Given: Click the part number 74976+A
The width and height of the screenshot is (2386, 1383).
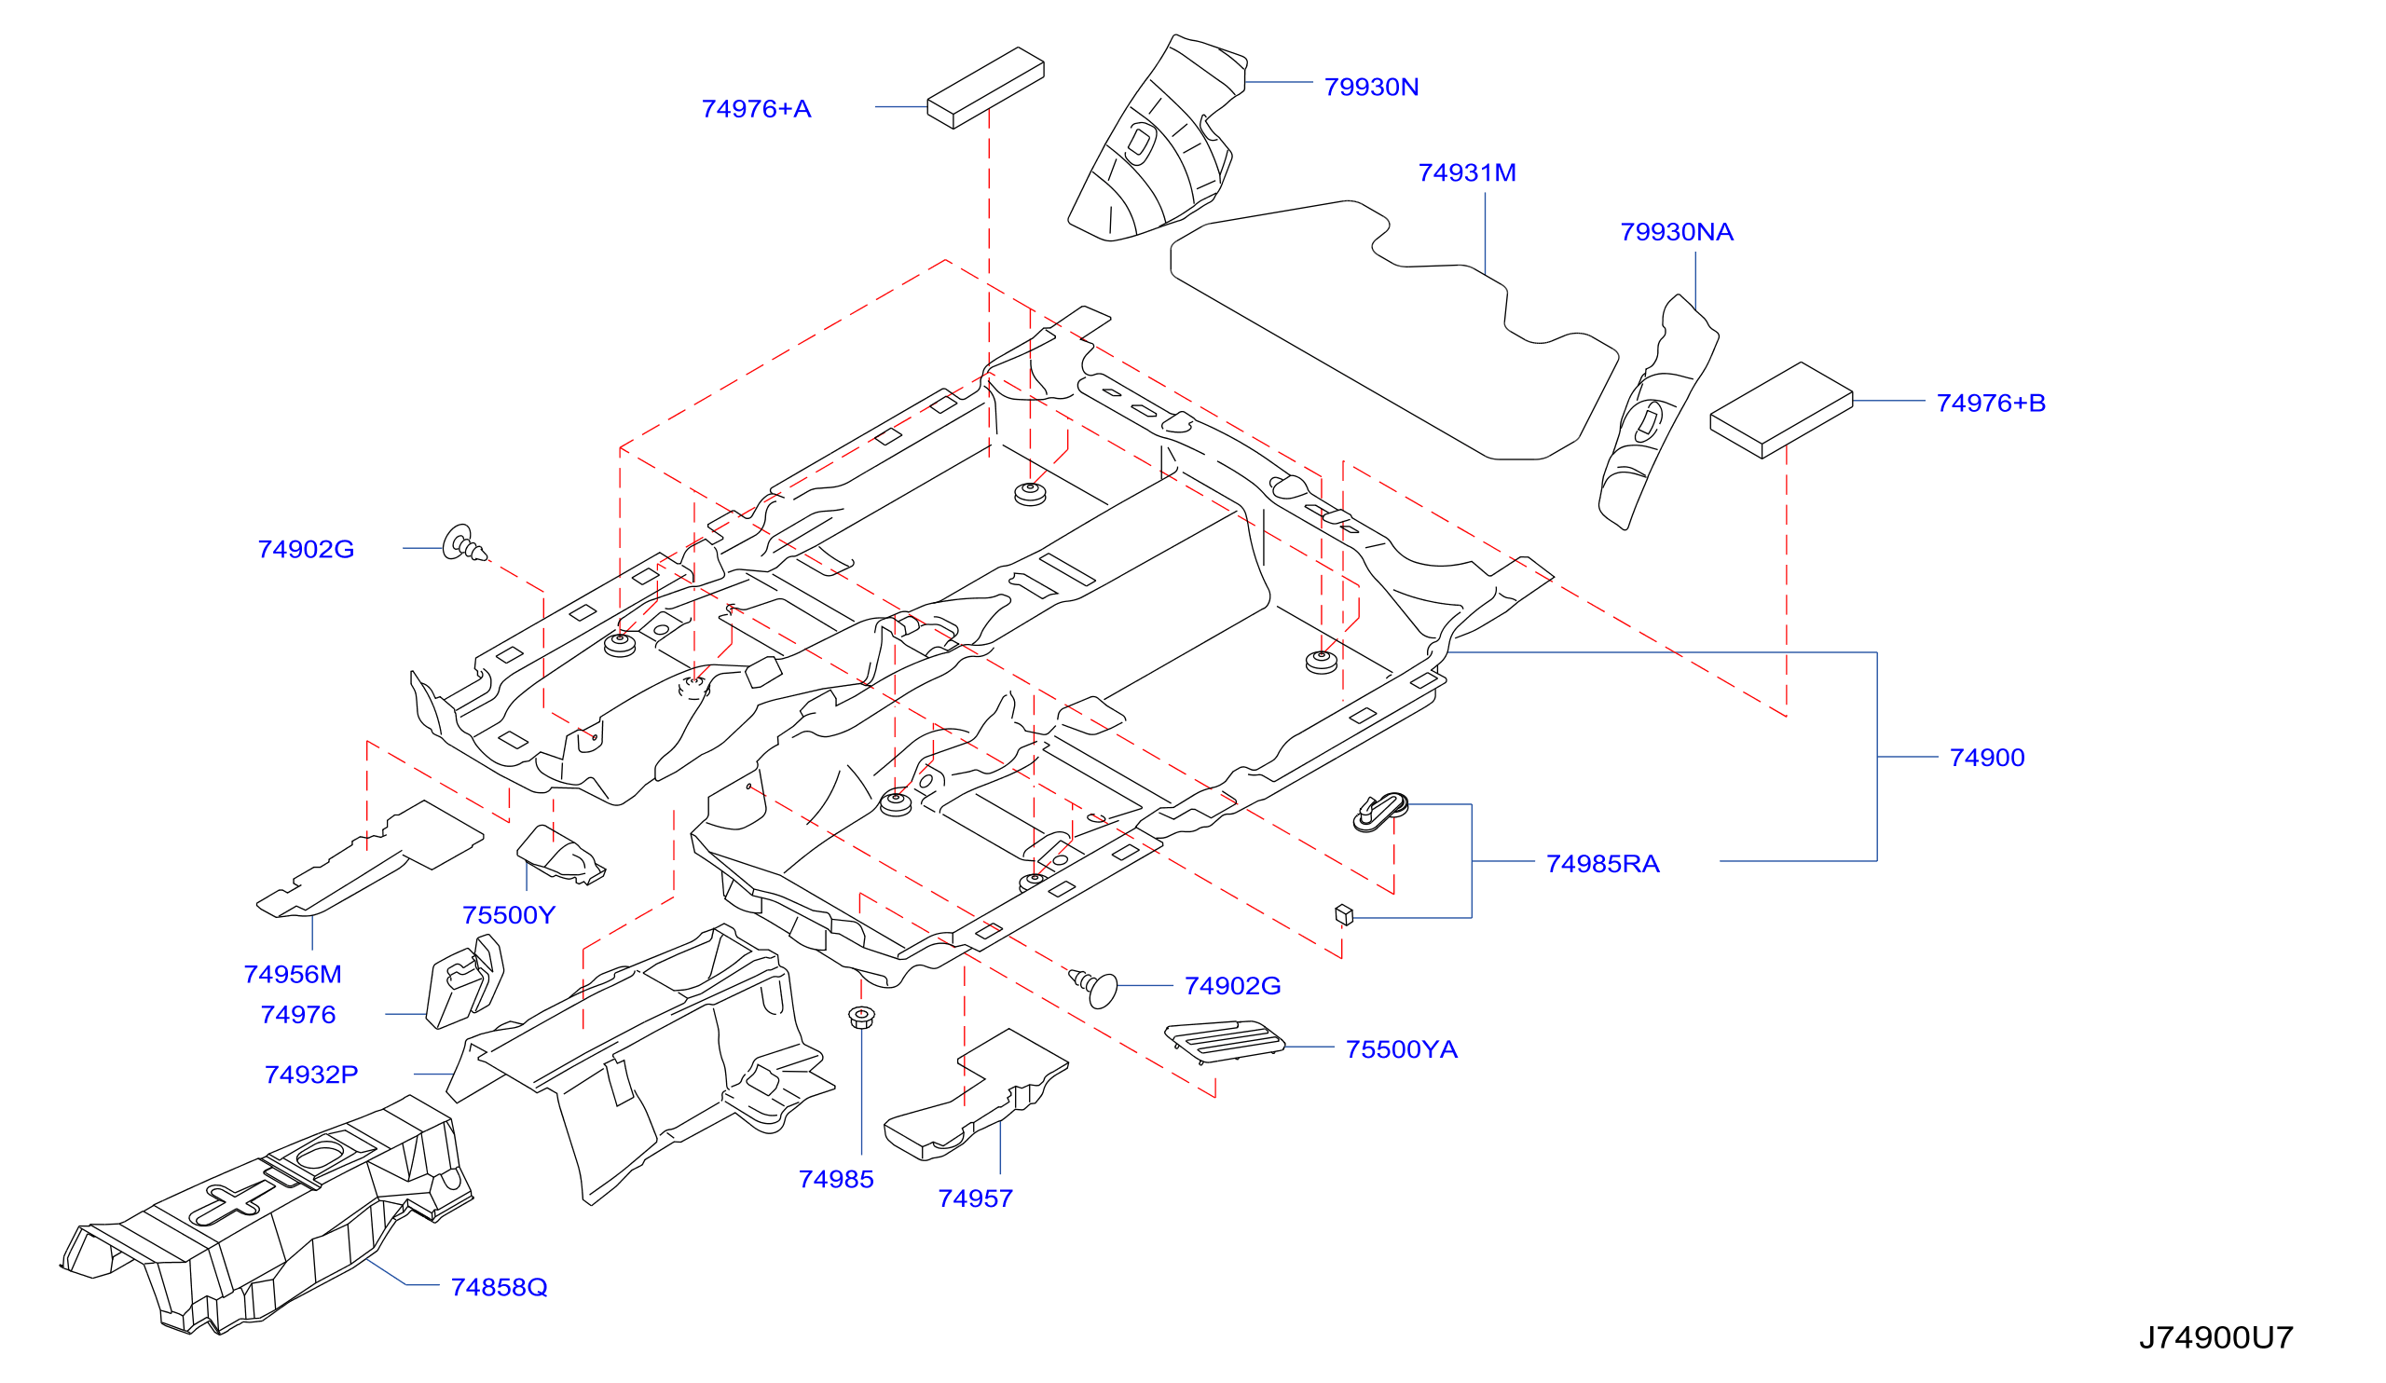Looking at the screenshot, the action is tap(756, 109).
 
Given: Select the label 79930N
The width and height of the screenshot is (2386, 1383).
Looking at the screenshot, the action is tap(1371, 87).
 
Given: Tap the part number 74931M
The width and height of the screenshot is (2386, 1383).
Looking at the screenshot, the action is tap(1467, 173).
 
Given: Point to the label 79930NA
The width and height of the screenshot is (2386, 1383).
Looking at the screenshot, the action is tap(1676, 233).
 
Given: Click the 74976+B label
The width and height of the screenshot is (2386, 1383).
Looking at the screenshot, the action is tap(1990, 404).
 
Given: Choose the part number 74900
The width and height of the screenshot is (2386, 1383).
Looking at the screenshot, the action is tap(1986, 759).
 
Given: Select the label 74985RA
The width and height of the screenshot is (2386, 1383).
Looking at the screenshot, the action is tap(1602, 864).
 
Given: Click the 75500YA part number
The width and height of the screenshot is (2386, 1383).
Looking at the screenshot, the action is tap(1401, 1049).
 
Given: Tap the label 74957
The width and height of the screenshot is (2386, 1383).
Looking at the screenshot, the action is tap(975, 1199).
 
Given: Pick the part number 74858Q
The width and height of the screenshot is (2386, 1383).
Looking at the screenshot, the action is tap(499, 1287).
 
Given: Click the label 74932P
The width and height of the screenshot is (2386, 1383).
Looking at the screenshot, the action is tap(310, 1075).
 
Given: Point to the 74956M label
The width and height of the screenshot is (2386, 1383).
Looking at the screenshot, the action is tap(293, 975).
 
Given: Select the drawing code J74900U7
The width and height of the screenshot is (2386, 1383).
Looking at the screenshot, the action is tap(2215, 1337).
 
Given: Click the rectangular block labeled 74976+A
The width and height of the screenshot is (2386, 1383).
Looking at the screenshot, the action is tap(985, 88).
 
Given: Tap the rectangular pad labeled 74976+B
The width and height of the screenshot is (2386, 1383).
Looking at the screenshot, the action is tap(1781, 410).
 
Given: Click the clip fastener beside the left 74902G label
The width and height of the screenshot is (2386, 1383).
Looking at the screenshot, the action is tap(463, 543).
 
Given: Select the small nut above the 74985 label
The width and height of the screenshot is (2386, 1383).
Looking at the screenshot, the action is tap(860, 1019).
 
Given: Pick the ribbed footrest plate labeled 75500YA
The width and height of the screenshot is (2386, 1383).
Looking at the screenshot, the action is tap(1224, 1042).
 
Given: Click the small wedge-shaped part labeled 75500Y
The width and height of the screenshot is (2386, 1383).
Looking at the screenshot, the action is tap(559, 854).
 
